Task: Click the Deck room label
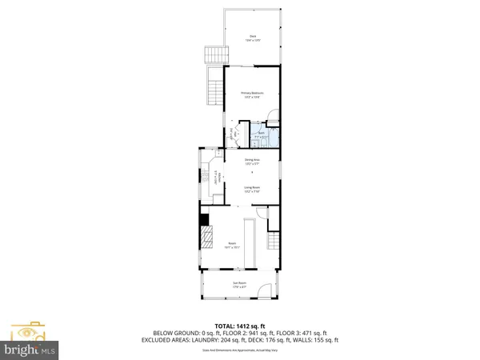point(252,38)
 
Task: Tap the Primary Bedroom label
point(252,94)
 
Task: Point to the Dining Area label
point(252,162)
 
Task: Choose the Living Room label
point(252,190)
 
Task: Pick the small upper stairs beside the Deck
point(214,55)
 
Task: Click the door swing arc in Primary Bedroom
point(272,114)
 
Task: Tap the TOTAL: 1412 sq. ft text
point(240,326)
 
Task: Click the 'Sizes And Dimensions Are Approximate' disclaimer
point(240,350)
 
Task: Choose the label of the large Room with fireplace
point(232,245)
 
